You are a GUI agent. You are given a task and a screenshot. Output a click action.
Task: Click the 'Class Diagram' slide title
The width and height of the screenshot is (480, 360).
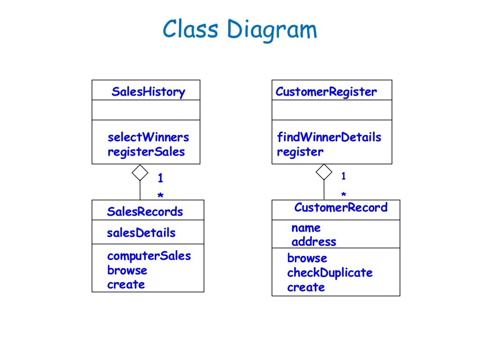(240, 30)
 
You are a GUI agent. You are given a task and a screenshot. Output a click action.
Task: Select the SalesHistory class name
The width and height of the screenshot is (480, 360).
(148, 92)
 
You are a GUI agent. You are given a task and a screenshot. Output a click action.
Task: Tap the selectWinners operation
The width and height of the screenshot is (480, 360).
(148, 137)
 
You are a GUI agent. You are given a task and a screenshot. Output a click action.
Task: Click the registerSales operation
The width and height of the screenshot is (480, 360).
(146, 152)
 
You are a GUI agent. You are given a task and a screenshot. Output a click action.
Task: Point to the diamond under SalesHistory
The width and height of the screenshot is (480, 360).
(140, 172)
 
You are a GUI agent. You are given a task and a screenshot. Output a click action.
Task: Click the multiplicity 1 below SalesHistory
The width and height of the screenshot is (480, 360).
(160, 178)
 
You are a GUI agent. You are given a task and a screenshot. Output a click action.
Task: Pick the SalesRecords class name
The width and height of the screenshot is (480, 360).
(145, 211)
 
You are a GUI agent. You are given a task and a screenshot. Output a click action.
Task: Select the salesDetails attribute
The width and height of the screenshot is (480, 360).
(141, 233)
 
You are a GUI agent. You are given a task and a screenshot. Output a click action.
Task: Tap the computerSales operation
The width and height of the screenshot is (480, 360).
(149, 256)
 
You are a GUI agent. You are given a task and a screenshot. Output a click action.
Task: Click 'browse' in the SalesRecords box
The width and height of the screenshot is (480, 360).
(127, 270)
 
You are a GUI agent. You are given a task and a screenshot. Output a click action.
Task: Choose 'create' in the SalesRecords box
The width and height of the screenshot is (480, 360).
(126, 285)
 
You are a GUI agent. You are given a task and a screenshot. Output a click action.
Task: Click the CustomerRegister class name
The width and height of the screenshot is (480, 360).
(326, 92)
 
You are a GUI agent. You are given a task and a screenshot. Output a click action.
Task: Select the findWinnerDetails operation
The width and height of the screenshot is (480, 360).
(329, 137)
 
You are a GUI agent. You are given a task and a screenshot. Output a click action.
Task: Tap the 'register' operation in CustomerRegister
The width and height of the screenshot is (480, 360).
(300, 152)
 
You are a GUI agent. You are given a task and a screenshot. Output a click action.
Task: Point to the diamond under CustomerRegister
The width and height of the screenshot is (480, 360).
(324, 172)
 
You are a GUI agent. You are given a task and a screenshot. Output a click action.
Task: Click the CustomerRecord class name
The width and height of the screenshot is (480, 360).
(341, 208)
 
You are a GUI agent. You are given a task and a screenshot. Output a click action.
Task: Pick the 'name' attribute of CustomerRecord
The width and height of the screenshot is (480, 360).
(306, 228)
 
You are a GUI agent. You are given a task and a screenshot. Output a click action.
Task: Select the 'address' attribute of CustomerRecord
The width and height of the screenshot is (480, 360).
(314, 242)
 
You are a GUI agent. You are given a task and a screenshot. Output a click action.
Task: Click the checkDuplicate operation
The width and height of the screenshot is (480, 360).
(330, 273)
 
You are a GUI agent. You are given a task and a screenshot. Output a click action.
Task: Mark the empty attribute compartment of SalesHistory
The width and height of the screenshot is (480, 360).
(146, 110)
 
